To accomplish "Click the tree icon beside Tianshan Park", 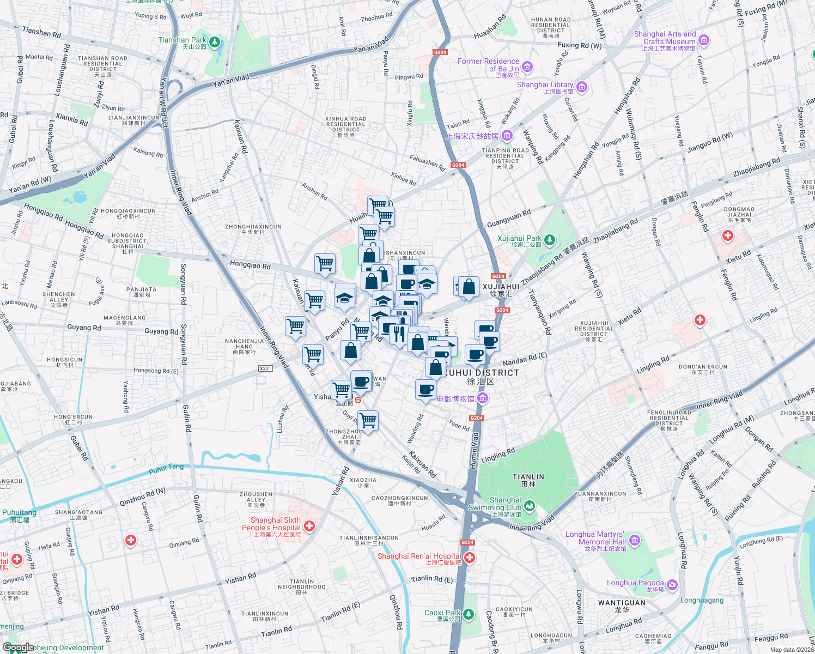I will (x=215, y=42).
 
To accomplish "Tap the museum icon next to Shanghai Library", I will (x=581, y=87).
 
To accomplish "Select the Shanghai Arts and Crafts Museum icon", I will (x=703, y=40).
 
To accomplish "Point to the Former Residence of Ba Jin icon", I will (x=527, y=67).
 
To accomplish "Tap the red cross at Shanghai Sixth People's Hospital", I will (x=309, y=526).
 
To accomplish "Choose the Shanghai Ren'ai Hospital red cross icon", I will (x=469, y=558).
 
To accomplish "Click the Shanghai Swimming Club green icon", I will (x=529, y=506).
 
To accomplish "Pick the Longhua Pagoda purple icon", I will (x=672, y=585).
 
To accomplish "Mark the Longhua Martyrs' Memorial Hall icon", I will (x=634, y=541).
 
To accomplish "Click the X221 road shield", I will (x=265, y=368).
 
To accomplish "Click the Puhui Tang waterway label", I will (x=166, y=468).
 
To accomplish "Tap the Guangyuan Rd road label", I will (x=508, y=219).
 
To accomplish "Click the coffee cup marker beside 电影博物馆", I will (x=425, y=390).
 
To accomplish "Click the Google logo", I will (x=18, y=647).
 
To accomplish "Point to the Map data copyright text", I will (x=790, y=650).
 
